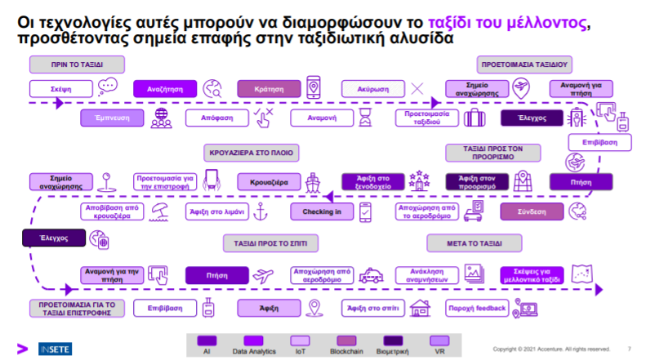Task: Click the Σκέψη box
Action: (x=60, y=88)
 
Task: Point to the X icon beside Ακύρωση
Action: (x=418, y=88)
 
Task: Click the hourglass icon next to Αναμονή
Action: (x=365, y=118)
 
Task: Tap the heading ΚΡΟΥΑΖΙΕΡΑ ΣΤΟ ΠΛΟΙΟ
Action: (x=249, y=153)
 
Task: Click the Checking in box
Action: (x=321, y=211)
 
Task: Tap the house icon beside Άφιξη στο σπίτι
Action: (x=421, y=308)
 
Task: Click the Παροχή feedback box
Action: (x=477, y=308)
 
